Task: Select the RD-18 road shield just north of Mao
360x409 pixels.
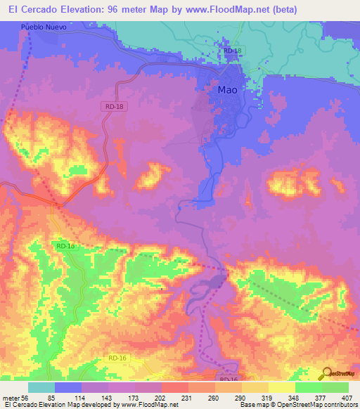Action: pos(232,51)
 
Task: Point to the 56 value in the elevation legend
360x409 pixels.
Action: pos(24,398)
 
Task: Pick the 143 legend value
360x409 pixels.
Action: pos(105,398)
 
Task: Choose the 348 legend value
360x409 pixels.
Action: pos(289,398)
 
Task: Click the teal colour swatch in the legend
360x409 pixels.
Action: pos(41,387)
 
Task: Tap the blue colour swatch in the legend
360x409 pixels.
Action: pos(68,387)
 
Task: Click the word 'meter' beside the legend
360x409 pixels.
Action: pos(10,398)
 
